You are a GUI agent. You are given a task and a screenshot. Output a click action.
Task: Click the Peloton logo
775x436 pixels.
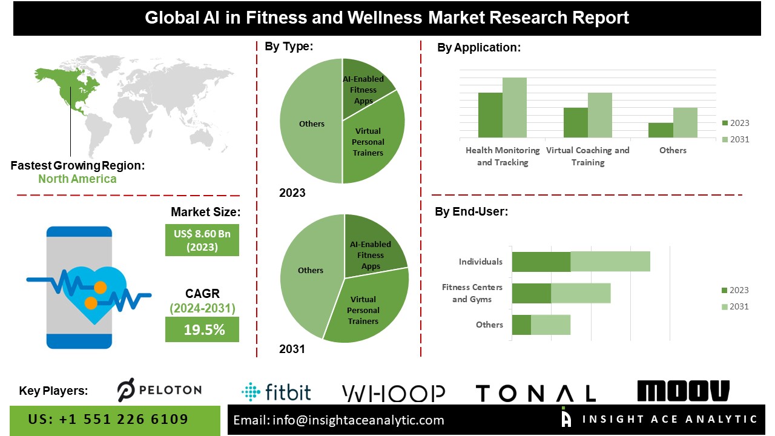(159, 390)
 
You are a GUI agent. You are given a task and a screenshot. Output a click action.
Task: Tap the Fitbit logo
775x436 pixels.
(276, 392)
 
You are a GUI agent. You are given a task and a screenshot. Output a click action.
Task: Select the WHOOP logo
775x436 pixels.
(394, 394)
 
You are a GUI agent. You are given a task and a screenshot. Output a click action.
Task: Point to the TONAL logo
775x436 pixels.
(535, 394)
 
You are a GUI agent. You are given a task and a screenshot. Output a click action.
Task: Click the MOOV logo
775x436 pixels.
(683, 391)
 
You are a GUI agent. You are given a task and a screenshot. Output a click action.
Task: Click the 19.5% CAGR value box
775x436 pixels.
(202, 330)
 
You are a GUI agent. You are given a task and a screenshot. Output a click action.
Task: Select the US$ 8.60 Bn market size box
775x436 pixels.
(202, 240)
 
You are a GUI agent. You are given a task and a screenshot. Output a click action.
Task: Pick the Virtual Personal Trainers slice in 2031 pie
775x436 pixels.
(366, 309)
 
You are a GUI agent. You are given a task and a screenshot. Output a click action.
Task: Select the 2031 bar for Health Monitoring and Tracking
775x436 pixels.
(514, 108)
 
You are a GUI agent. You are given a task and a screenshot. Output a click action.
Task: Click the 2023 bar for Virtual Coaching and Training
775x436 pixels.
(575, 123)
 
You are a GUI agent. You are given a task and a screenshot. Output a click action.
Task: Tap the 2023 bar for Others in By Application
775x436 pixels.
(661, 131)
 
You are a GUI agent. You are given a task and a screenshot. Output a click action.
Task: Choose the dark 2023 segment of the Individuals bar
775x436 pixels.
(541, 262)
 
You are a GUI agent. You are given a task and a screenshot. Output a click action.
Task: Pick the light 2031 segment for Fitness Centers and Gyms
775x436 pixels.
(580, 293)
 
